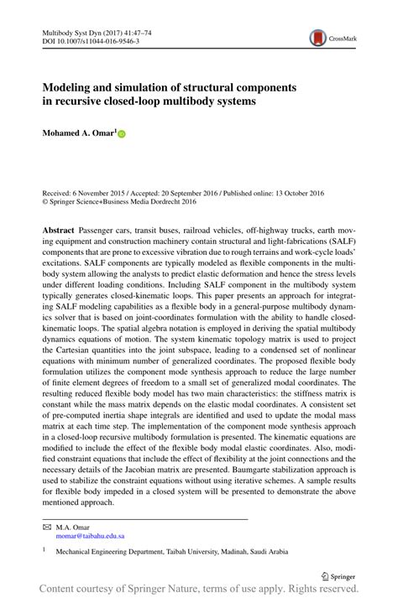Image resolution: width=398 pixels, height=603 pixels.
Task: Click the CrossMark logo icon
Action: [318, 38]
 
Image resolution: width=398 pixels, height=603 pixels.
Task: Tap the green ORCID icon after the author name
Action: [121, 133]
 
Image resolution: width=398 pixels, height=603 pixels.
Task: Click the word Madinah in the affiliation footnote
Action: [246, 554]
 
